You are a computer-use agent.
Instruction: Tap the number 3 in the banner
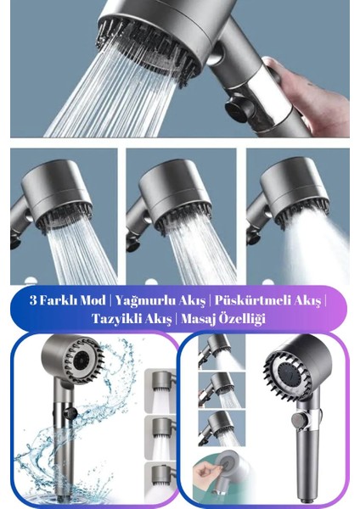[x=33, y=300]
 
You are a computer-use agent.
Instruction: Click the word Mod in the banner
[x=93, y=300]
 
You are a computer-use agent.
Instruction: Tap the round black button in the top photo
[x=239, y=108]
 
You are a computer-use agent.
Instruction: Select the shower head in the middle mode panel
[x=176, y=195]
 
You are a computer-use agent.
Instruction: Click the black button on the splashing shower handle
[x=70, y=413]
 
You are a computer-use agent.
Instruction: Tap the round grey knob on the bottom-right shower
[x=298, y=420]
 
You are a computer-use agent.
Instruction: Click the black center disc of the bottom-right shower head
[x=290, y=376]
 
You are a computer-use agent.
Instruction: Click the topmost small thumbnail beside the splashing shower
[x=160, y=390]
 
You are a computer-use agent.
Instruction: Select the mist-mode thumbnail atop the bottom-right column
[x=222, y=352]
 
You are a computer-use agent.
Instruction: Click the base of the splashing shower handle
[x=62, y=496]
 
